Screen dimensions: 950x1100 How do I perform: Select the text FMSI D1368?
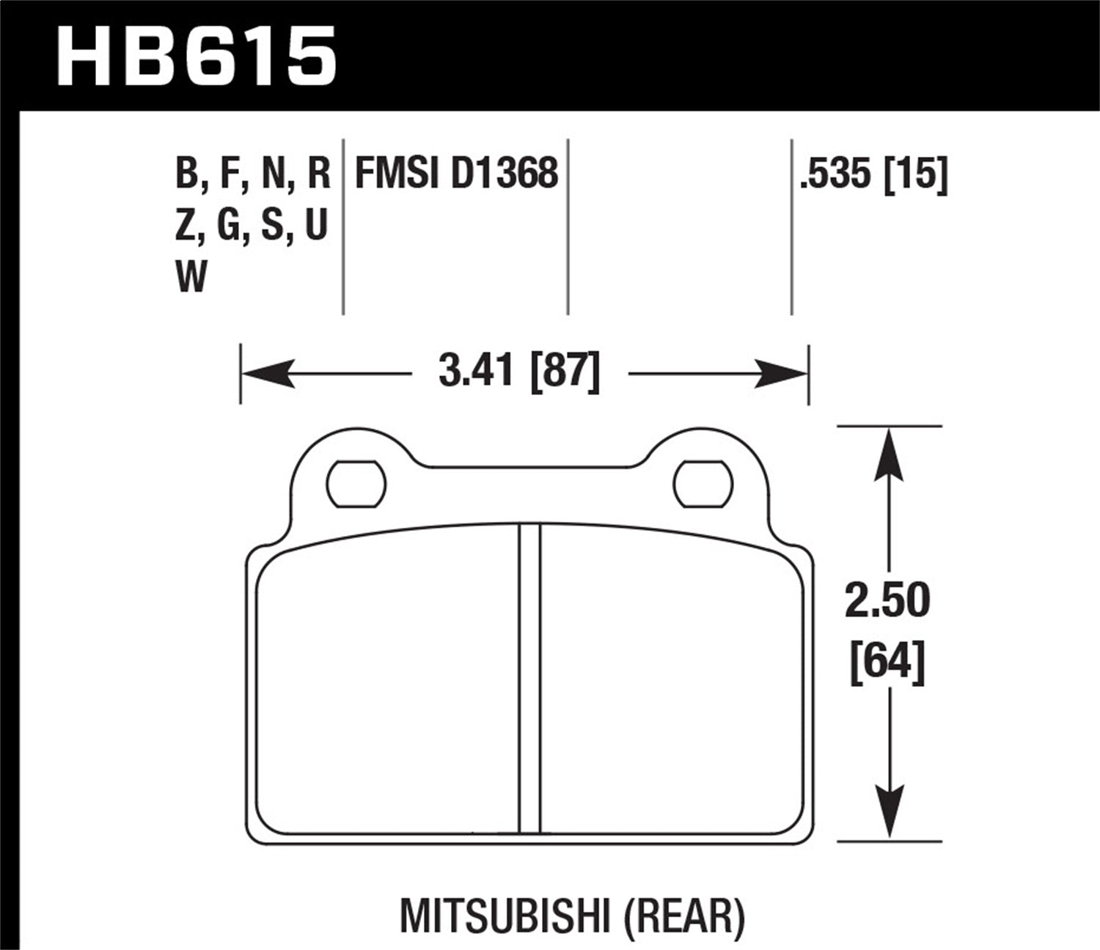[x=456, y=174]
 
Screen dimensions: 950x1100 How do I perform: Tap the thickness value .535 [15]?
[x=874, y=174]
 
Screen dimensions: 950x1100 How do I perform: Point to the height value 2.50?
[x=887, y=600]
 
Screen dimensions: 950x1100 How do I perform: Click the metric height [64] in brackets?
[x=887, y=661]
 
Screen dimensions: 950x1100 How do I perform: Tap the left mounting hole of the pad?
[x=356, y=485]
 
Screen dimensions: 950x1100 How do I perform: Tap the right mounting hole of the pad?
[x=703, y=485]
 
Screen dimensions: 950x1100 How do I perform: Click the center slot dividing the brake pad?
[x=529, y=678]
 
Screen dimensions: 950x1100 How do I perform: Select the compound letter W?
[x=191, y=277]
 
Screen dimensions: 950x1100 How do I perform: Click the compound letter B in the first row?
[x=186, y=174]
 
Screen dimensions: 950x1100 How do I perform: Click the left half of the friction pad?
[x=389, y=682]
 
